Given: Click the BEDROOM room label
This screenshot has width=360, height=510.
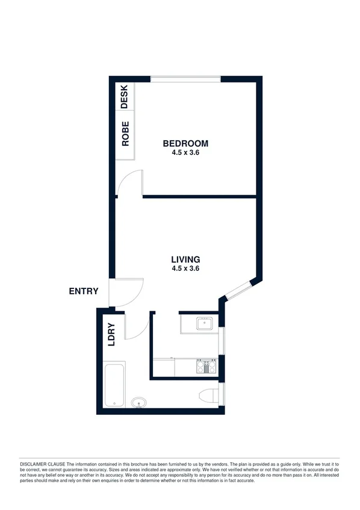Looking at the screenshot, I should coord(185,143).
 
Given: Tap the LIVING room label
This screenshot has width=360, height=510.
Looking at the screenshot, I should coord(185,260).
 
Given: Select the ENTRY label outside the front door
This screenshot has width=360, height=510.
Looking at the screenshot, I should coord(84,291).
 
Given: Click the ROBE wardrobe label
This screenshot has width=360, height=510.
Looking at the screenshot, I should coord(125,134).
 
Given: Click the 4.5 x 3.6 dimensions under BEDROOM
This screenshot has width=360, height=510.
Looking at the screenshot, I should coord(185,153).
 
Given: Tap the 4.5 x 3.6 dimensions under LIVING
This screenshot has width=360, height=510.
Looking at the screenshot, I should coord(185,269).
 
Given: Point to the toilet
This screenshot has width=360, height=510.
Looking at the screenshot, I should coord(208,396).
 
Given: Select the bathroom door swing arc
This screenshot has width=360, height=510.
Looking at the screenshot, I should coord(137,329).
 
